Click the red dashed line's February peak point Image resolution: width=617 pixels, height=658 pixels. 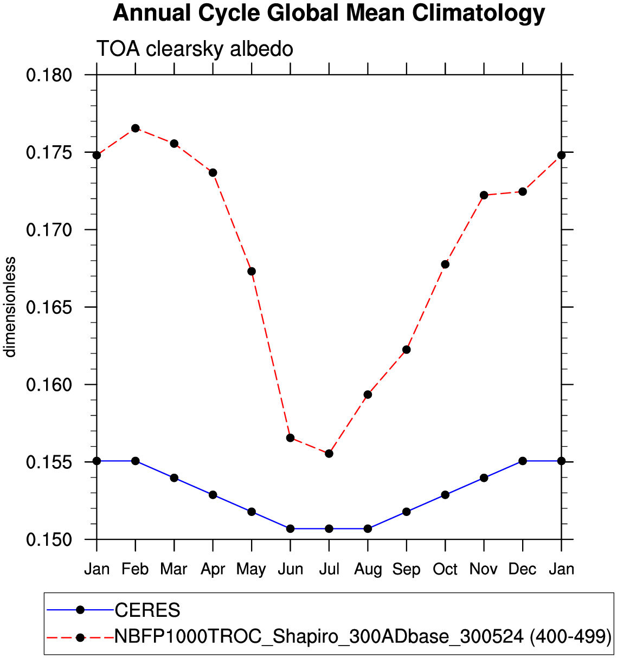pos(136,128)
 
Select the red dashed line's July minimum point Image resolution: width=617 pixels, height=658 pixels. pos(329,453)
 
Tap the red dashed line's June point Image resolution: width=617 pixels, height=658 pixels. pos(290,437)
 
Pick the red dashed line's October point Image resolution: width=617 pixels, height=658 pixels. pos(445,264)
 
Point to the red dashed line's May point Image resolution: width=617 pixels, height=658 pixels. pos(252,271)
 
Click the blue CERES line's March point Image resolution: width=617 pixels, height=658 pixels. pos(174,478)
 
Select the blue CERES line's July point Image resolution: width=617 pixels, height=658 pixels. pos(329,528)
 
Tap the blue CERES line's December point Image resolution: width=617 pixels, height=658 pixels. pos(523,461)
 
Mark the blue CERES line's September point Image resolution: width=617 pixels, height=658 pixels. pos(407,512)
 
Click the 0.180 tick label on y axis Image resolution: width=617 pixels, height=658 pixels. pos(49,75)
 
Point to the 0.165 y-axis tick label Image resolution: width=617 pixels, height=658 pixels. pos(49,307)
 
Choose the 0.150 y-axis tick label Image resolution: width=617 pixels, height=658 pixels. pos(49,540)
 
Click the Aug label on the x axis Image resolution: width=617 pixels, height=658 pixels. pos(368,569)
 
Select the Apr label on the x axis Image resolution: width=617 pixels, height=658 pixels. pos(213,569)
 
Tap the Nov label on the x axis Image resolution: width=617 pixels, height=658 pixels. pos(484,569)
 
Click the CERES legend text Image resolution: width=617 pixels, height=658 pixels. pos(147,610)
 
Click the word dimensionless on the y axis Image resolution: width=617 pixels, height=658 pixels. pos(11,307)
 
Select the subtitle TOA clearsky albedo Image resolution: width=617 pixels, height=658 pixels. pos(195,49)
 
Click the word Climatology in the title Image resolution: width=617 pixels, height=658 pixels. pos(478,13)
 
